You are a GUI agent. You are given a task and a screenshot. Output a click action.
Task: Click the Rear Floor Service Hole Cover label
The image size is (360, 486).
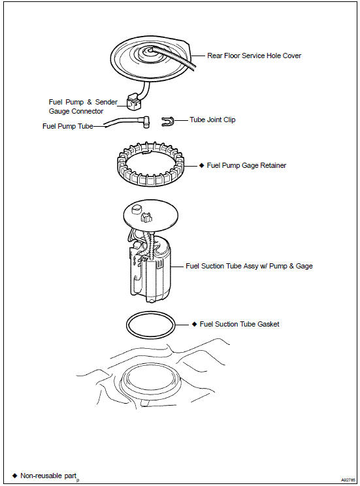(254, 56)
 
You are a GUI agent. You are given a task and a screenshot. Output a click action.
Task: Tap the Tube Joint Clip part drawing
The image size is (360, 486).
(168, 121)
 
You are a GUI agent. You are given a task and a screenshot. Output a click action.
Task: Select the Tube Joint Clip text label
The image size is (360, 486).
(212, 120)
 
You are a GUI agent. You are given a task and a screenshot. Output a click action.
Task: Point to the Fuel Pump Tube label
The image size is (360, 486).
(67, 126)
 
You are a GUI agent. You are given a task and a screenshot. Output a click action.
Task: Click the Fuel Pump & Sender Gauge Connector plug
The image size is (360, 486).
(134, 103)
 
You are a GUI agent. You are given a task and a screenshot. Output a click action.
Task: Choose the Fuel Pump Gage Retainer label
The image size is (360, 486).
(246, 165)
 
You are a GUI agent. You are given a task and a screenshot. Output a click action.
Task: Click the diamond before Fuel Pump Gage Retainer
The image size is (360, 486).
(201, 165)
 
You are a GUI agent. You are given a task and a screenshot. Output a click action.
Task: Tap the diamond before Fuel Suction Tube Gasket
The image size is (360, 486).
(195, 324)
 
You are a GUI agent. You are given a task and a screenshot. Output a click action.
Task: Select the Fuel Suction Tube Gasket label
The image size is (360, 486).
(239, 324)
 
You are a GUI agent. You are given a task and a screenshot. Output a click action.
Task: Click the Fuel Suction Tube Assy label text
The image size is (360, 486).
(249, 266)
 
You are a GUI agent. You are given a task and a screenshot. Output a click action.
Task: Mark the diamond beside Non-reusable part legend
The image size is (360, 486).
(14, 476)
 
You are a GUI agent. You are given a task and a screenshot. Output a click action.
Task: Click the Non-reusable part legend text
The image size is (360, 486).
(48, 476)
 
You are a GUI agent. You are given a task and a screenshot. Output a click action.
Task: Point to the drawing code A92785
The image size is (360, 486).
(348, 479)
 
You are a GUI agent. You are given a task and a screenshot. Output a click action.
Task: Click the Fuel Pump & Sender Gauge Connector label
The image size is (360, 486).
(83, 106)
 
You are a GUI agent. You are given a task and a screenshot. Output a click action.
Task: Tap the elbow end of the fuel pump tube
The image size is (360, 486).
(146, 121)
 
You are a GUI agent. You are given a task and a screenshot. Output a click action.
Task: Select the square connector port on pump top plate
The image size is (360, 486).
(146, 217)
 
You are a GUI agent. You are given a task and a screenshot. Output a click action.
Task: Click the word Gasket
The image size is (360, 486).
(268, 324)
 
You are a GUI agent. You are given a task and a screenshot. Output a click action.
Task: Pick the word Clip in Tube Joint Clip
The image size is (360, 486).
(229, 120)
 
